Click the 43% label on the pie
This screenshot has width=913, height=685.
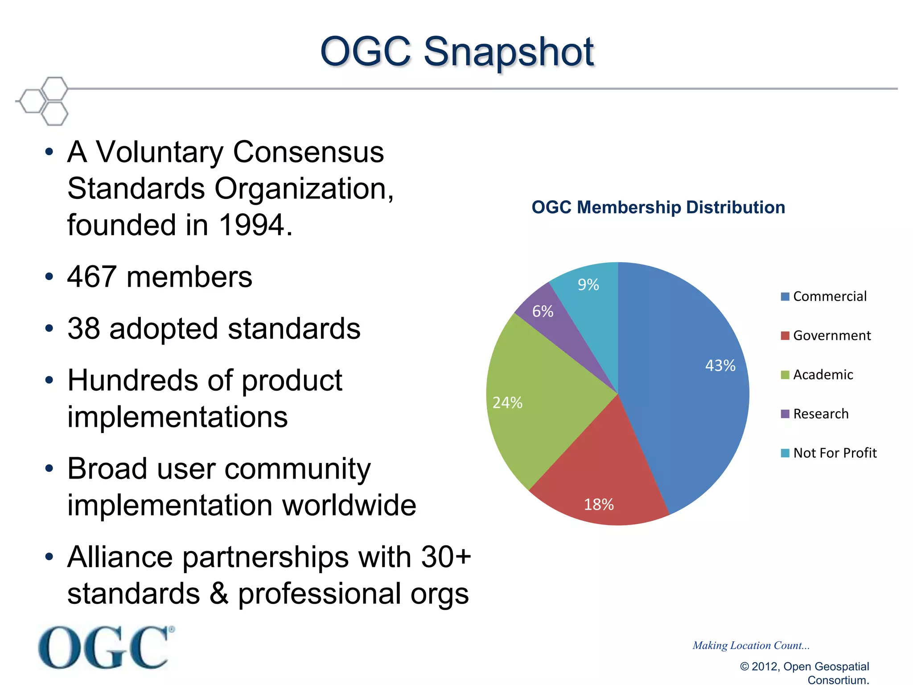tap(720, 366)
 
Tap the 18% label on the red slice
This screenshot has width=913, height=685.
tap(599, 504)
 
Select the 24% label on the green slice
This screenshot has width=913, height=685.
tap(507, 403)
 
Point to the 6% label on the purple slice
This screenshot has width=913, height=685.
tap(543, 311)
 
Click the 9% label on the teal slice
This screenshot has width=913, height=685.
tap(588, 285)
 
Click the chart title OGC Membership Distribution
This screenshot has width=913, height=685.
tap(658, 207)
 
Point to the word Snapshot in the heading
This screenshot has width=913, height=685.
tap(508, 53)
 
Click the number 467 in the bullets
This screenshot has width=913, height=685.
tap(92, 277)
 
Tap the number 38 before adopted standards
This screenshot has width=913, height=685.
tap(83, 329)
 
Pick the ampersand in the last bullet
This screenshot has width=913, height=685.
tap(218, 594)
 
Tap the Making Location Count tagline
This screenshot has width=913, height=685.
tap(751, 645)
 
